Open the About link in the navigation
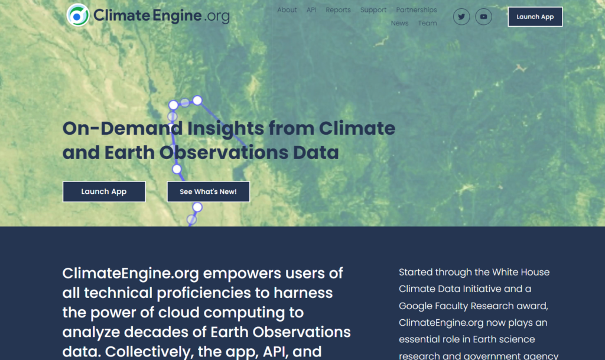tap(287, 10)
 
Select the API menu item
tap(311, 10)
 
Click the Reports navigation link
tap(338, 10)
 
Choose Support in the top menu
tap(373, 10)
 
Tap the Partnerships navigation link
tap(417, 10)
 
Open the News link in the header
tap(399, 24)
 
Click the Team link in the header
tap(427, 24)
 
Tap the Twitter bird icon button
tap(461, 17)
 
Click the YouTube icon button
tap(483, 17)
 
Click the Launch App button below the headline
tap(104, 192)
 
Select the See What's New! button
tap(208, 192)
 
